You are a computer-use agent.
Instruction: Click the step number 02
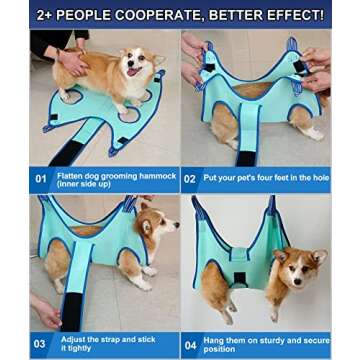pyautogui.click(x=195, y=180)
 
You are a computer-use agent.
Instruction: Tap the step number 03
pyautogui.click(x=40, y=345)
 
